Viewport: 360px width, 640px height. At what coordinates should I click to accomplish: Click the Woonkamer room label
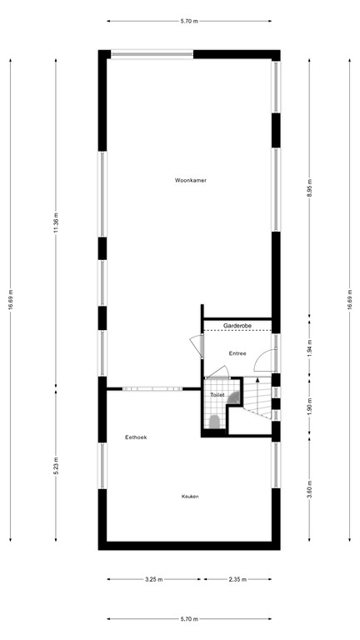pyautogui.click(x=190, y=180)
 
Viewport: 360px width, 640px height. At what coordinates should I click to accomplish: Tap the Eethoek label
pyautogui.click(x=136, y=437)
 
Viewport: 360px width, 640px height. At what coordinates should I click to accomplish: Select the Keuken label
pyautogui.click(x=190, y=497)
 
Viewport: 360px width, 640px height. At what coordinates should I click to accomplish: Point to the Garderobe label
pyautogui.click(x=237, y=325)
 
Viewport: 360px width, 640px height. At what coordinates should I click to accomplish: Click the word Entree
pyautogui.click(x=237, y=353)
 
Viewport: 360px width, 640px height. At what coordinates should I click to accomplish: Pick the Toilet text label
pyautogui.click(x=217, y=395)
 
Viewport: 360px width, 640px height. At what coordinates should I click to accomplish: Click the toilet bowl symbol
pyautogui.click(x=215, y=422)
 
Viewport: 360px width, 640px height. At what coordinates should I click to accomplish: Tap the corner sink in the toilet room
pyautogui.click(x=235, y=398)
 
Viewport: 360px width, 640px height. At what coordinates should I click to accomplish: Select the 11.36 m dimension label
pyautogui.click(x=56, y=222)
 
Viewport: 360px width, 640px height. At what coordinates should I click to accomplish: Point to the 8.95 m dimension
pyautogui.click(x=309, y=187)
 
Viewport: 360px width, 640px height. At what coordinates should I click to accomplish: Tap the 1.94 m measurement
pyautogui.click(x=309, y=347)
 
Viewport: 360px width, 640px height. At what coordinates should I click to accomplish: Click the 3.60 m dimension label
pyautogui.click(x=309, y=490)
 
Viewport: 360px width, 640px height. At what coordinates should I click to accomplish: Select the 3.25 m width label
pyautogui.click(x=154, y=579)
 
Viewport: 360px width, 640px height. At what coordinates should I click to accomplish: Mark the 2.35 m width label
pyautogui.click(x=237, y=579)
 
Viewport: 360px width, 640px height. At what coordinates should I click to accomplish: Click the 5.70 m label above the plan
pyautogui.click(x=189, y=21)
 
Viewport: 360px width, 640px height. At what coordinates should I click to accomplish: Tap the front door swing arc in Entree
pyautogui.click(x=260, y=356)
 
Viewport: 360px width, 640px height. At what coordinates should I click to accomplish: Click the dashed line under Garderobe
pyautogui.click(x=237, y=331)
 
